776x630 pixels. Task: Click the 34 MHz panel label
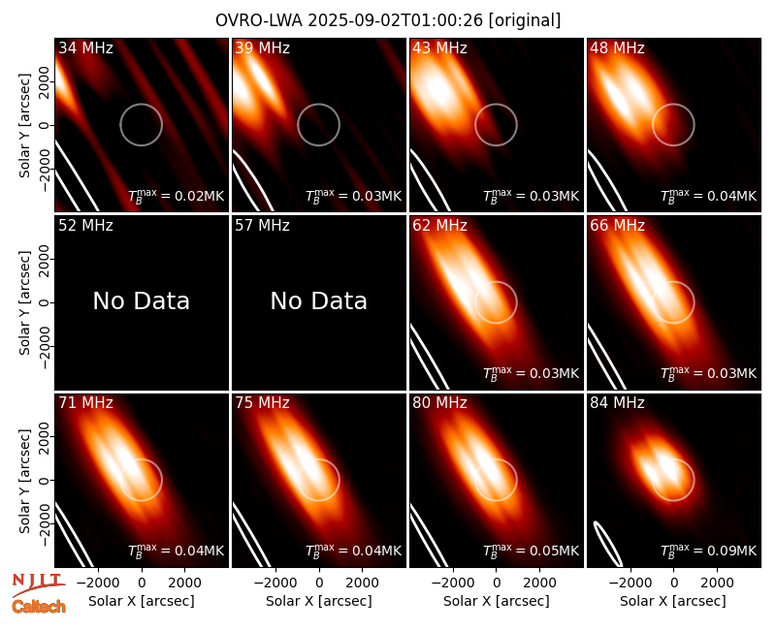85,47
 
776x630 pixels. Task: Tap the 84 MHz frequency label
617,403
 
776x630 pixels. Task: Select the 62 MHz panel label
440,226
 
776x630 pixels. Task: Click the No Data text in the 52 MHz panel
142,300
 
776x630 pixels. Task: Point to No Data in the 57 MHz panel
319,300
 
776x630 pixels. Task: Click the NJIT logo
38,584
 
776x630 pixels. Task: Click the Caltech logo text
39,607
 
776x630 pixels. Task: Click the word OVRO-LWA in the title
259,20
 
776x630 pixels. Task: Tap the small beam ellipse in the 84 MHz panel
608,544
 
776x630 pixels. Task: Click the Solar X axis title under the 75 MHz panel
319,601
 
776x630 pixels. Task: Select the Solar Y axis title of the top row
24,126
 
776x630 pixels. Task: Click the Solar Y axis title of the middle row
24,302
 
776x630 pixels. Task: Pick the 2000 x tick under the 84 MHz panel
717,583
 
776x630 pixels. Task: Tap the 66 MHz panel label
617,226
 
